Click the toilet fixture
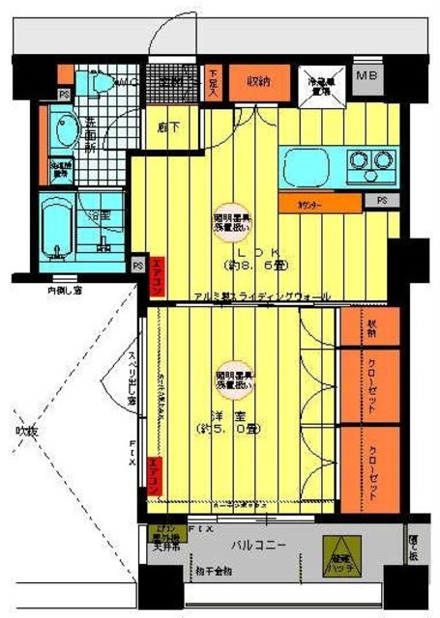(98, 86)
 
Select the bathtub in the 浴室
(61, 227)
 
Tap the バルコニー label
(259, 547)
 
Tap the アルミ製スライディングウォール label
(261, 295)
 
